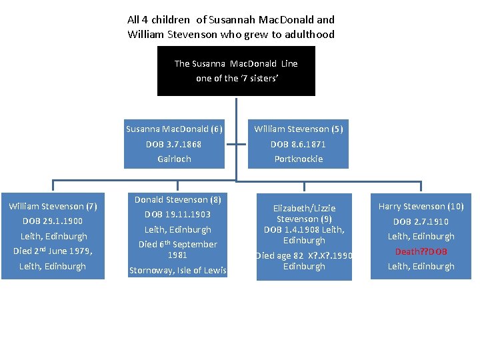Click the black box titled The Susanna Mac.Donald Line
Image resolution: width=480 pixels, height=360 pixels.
(x=236, y=71)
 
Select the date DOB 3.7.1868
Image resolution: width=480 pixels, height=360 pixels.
(x=174, y=144)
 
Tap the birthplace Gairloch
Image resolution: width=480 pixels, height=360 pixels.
(x=174, y=159)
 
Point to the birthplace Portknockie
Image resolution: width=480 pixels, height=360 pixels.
(x=298, y=159)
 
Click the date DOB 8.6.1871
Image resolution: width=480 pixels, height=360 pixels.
(x=298, y=144)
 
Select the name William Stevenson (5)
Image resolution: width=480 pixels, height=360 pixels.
(x=298, y=129)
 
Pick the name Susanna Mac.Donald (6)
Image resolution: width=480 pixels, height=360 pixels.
(x=174, y=129)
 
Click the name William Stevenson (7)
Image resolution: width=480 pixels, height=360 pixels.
(x=53, y=206)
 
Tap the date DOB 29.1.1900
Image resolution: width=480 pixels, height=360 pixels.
(x=53, y=221)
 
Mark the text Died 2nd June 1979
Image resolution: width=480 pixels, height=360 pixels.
(x=53, y=251)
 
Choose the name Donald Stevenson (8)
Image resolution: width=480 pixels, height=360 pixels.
(x=177, y=199)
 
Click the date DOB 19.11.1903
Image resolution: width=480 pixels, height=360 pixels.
(x=177, y=214)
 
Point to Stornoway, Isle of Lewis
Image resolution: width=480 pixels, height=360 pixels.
(x=177, y=270)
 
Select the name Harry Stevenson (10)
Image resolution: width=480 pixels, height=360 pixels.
(x=421, y=206)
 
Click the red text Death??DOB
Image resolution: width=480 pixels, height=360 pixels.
(x=421, y=251)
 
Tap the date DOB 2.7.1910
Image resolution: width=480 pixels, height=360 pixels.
(x=421, y=221)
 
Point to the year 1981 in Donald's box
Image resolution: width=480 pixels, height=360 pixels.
(x=177, y=255)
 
